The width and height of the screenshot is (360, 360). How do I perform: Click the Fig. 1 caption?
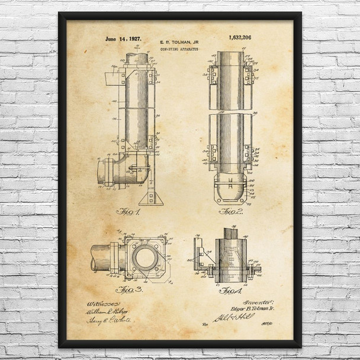click(x=130, y=211)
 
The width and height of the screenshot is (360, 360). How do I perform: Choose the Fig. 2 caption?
click(x=231, y=211)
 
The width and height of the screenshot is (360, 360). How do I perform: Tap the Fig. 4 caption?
click(x=230, y=290)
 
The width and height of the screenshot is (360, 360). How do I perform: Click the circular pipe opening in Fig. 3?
click(x=144, y=258)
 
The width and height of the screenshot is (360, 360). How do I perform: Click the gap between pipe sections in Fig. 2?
click(x=231, y=111)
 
